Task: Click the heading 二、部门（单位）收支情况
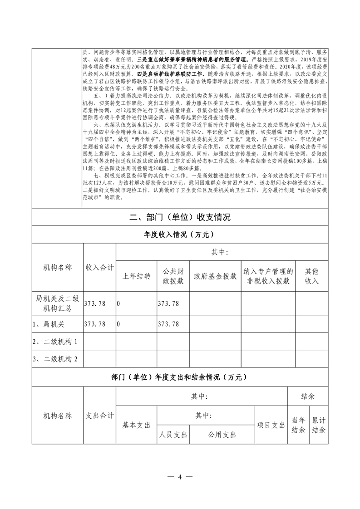179,217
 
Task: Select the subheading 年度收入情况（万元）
179,235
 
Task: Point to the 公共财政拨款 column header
173,276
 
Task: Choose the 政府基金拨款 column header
215,276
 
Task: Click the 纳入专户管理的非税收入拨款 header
268,276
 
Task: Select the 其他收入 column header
311,276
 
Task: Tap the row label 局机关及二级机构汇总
57,303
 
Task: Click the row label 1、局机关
49,324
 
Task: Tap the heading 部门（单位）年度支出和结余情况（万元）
179,377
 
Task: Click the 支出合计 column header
100,416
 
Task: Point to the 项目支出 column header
271,425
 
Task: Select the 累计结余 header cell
319,425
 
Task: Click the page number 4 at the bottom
180,477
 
